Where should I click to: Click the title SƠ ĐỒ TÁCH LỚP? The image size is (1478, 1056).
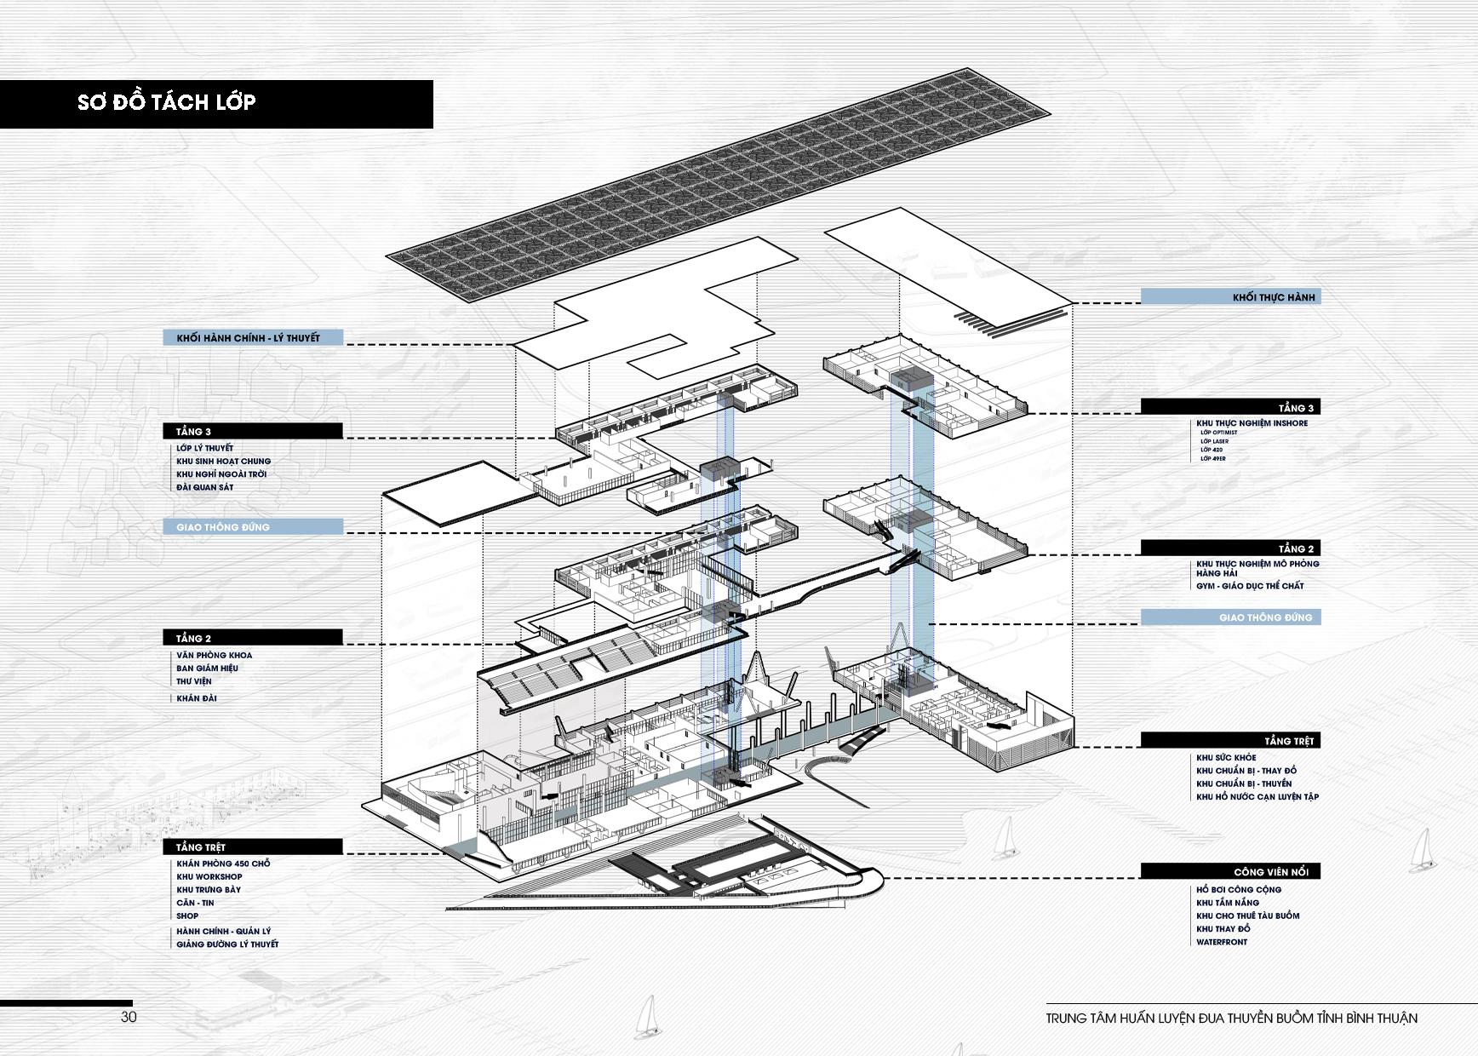coord(167,103)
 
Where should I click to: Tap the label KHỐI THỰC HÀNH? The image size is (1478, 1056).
coord(1274,297)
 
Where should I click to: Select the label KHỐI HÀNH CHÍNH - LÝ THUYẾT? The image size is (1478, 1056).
coord(248,338)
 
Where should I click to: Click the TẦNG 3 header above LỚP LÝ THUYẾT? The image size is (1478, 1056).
coord(193,432)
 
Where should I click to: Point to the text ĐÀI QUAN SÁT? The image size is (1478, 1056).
coord(204,488)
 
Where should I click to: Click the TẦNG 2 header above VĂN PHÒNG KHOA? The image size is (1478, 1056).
coord(193,638)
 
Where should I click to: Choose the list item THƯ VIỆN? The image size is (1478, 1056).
coord(193,681)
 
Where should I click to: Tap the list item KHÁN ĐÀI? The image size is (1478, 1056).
coord(196,698)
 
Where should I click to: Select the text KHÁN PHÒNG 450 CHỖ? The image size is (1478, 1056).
coord(223,864)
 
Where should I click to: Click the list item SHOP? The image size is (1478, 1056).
coord(187,916)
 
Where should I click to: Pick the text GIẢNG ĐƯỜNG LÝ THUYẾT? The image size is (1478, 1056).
coord(227,944)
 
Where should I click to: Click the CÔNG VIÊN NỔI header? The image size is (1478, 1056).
coord(1270,872)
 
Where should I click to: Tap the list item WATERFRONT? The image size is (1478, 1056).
coord(1221,942)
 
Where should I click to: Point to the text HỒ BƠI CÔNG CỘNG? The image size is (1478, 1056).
coord(1238,890)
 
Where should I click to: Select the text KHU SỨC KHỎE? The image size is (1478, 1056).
coord(1226,758)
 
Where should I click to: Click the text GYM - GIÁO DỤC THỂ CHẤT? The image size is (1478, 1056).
coord(1249,586)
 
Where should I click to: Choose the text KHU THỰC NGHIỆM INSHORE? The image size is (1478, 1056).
coord(1252,423)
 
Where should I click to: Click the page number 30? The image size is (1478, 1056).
coord(129,1017)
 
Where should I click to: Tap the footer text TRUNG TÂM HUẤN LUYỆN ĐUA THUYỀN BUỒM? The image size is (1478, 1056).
coord(1231,1019)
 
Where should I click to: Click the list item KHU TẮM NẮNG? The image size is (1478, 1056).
coord(1227,903)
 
